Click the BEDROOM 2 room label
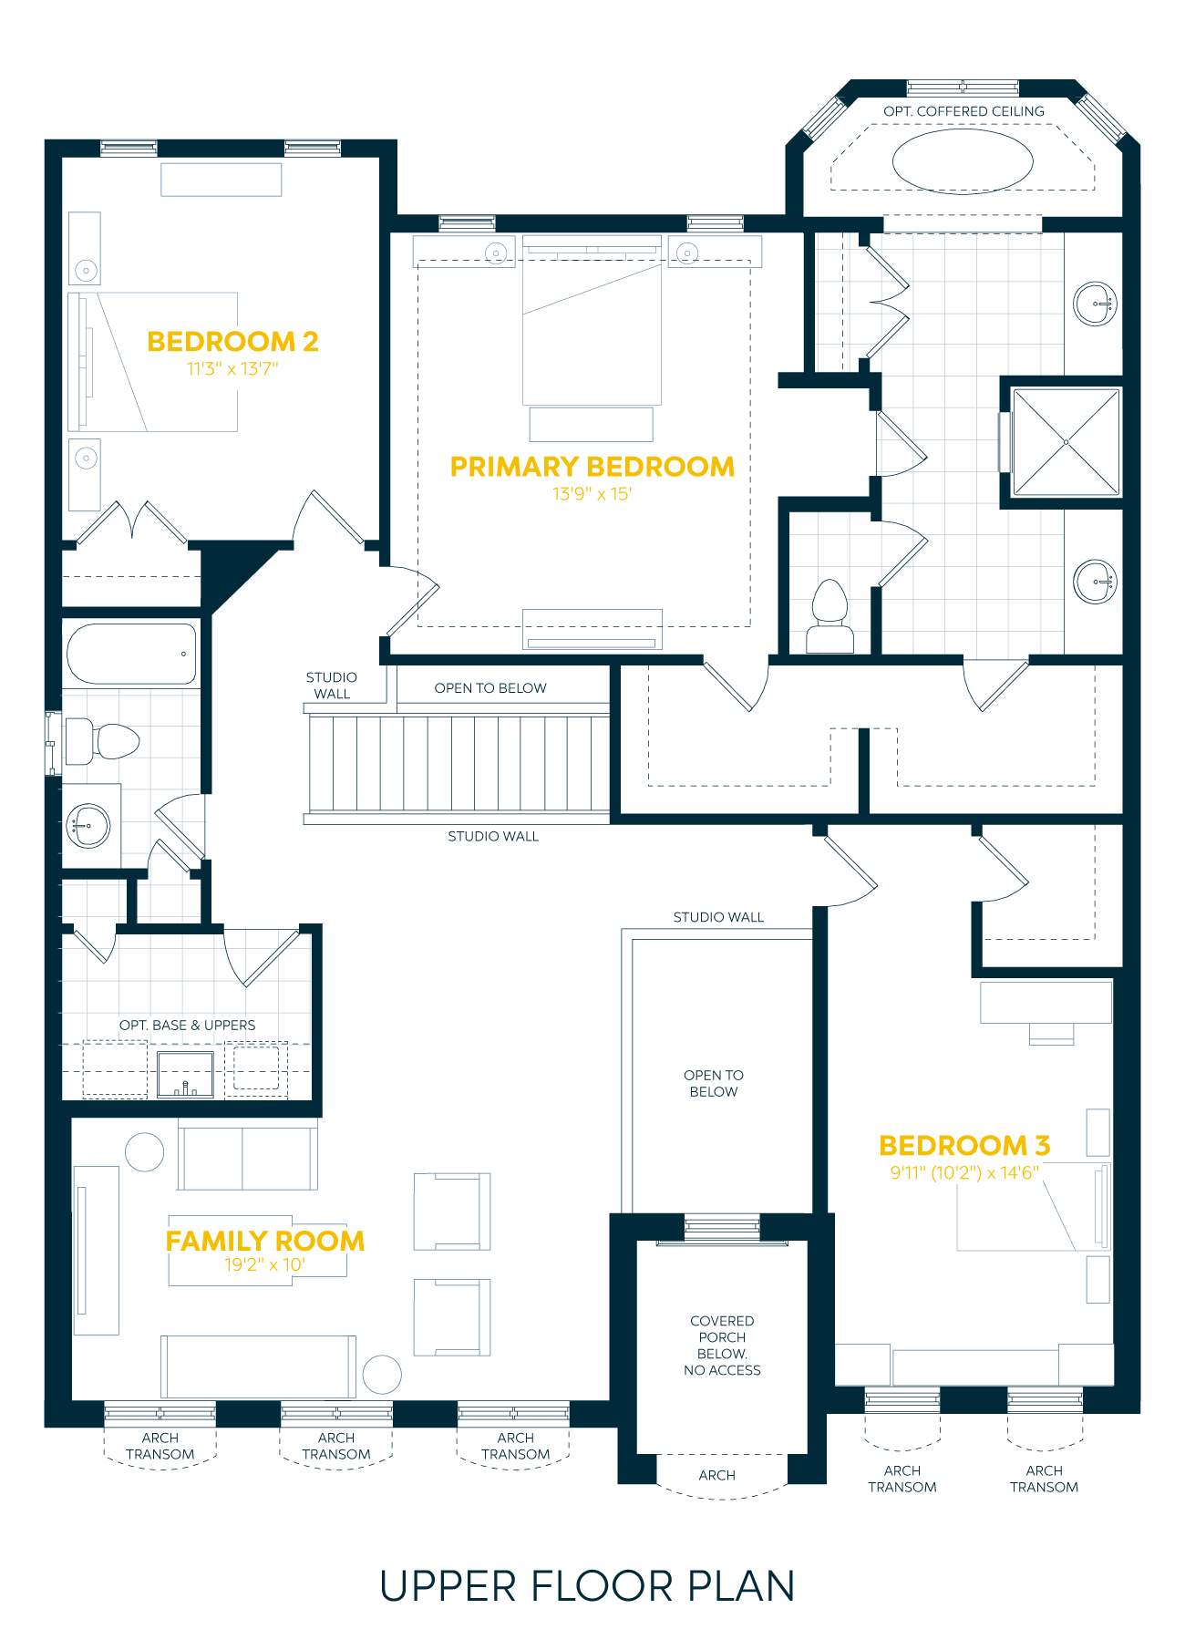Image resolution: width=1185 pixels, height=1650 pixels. [x=232, y=342]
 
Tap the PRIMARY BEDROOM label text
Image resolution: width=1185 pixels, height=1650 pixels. [x=592, y=467]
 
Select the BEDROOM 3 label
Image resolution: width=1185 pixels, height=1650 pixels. [x=964, y=1145]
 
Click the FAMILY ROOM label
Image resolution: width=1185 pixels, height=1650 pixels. [x=265, y=1241]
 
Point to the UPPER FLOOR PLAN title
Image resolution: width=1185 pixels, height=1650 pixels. [x=588, y=1586]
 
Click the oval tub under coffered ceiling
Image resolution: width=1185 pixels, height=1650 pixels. [x=963, y=162]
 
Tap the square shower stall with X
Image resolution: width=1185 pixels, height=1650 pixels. [x=1066, y=443]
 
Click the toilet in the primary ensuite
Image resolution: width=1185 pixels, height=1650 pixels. [x=829, y=616]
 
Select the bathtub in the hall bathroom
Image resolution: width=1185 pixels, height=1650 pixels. [x=131, y=654]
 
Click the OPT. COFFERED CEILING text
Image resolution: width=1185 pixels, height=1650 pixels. [x=963, y=111]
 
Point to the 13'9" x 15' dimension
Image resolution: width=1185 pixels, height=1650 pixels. [x=592, y=494]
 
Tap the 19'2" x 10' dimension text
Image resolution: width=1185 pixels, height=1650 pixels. [x=264, y=1264]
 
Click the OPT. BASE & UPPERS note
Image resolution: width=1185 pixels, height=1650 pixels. [x=187, y=1026]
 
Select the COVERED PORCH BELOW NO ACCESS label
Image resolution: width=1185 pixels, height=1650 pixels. [x=722, y=1346]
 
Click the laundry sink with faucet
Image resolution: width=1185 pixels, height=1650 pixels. [x=186, y=1075]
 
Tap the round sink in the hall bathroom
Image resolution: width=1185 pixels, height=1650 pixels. [x=88, y=826]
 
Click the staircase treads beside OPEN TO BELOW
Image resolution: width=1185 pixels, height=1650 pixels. [x=458, y=763]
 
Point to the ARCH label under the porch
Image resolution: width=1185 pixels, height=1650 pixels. [x=717, y=1475]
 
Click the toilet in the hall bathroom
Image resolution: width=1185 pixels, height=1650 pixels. [x=102, y=740]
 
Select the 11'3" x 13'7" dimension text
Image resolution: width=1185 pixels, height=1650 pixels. [x=232, y=369]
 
